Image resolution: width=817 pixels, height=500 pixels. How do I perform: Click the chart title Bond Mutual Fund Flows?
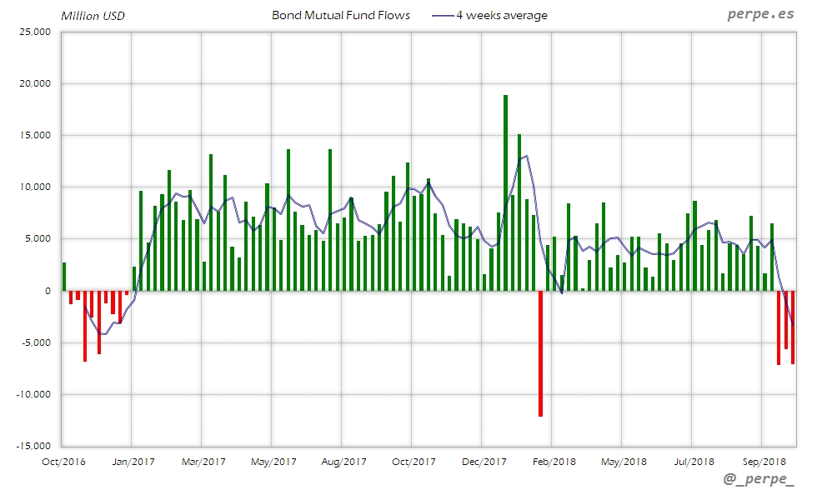(341, 16)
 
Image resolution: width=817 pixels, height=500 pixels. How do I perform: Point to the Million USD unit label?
(93, 16)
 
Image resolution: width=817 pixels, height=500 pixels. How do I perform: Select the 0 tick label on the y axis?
(48, 291)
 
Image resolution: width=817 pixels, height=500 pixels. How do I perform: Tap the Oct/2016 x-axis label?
(63, 462)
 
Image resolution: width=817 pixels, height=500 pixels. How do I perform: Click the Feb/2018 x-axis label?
(554, 462)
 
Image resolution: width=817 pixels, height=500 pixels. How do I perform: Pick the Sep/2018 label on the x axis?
(764, 462)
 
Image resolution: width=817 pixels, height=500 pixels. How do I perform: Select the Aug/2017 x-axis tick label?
(343, 462)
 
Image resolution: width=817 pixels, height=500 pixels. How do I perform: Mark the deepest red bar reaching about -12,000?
(540, 353)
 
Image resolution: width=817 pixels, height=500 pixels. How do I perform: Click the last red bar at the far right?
(793, 327)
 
